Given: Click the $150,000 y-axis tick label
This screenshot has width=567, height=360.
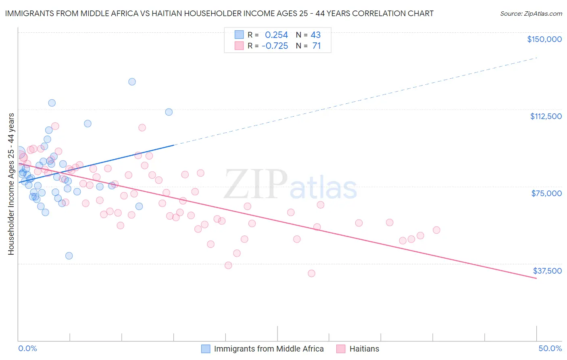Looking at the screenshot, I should [x=544, y=39].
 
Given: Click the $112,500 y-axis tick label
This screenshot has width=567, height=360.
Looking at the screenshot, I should [x=546, y=116].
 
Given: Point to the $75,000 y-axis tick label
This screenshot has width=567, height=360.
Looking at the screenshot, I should [x=546, y=193].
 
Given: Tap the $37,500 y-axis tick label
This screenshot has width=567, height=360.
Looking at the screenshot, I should [x=547, y=271].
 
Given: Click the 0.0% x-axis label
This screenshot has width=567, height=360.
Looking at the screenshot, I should [x=27, y=348].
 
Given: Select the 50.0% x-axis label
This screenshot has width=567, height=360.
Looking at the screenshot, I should [x=550, y=348].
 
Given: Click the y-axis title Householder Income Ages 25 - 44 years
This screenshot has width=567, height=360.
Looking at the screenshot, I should [x=11, y=184].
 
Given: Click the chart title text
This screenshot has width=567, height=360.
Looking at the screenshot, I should [x=219, y=13].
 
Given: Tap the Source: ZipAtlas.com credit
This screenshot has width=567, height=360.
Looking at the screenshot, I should [x=531, y=13].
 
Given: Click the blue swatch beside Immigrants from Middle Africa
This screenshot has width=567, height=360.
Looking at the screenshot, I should [x=206, y=349].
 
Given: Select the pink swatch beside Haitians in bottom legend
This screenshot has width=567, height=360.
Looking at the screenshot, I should [x=341, y=349].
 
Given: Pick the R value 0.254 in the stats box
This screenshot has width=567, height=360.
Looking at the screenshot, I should [x=276, y=35].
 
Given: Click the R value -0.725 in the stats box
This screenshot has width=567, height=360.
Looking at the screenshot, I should [x=275, y=46].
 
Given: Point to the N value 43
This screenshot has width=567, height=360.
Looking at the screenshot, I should [x=315, y=35].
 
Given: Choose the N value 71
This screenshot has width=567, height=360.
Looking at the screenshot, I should [x=316, y=46].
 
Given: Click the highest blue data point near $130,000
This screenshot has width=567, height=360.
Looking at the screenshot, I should [x=132, y=82].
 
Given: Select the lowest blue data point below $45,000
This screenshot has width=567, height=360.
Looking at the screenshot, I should [x=69, y=255].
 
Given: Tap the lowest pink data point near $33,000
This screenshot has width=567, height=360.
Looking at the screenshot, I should [x=311, y=273].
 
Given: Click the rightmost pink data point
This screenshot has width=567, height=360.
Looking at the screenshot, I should [x=436, y=230].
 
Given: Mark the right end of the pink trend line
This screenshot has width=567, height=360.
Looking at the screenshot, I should [x=536, y=278].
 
